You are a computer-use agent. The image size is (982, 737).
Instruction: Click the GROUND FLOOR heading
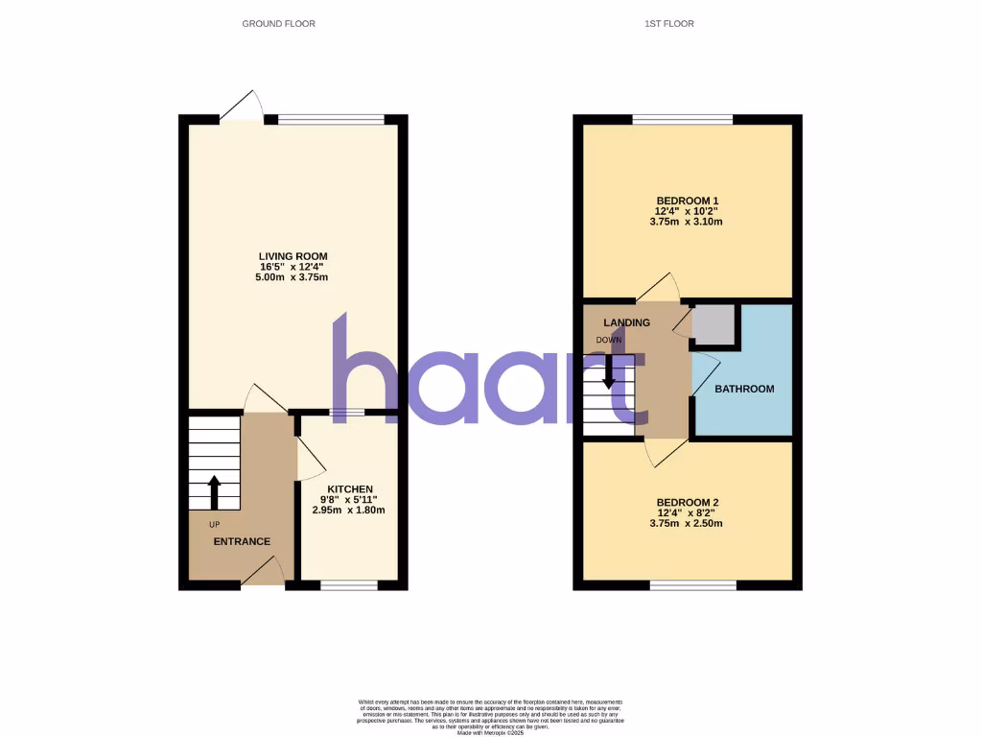[278, 23]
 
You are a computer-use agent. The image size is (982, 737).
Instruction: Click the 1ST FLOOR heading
[669, 23]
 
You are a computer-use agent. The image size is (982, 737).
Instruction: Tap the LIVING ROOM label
[293, 256]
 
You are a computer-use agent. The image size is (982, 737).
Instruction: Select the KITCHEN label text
[348, 489]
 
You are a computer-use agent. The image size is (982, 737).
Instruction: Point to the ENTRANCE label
[242, 541]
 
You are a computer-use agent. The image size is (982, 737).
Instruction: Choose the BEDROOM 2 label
[687, 503]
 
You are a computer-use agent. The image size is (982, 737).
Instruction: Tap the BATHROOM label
[744, 389]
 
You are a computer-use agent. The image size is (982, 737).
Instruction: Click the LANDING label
[627, 322]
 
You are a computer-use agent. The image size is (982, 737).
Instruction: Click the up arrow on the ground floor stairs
[214, 491]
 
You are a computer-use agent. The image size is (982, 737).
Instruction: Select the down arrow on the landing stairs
[608, 371]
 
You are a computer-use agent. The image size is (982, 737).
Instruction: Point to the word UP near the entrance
[214, 524]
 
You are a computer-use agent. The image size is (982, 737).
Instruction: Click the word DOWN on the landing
[609, 341]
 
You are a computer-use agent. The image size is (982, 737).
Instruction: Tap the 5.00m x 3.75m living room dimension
[293, 278]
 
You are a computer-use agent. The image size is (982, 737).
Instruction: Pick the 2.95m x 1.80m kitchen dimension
[348, 511]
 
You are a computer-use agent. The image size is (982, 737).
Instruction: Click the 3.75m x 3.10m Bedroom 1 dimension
[687, 222]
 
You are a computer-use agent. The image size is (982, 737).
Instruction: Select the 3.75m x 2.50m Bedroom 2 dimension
[687, 524]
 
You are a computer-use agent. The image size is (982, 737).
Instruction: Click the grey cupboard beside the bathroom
[713, 324]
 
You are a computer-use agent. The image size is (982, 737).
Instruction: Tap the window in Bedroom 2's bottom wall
[692, 585]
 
